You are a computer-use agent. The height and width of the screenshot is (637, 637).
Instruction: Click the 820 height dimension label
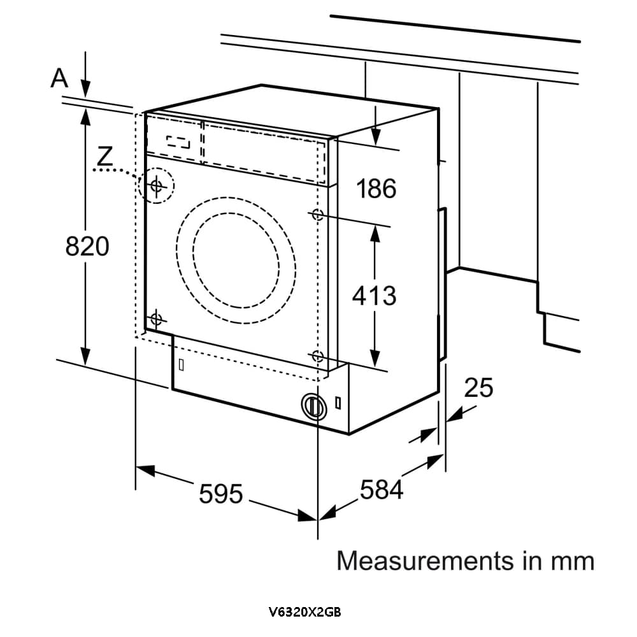tap(87, 246)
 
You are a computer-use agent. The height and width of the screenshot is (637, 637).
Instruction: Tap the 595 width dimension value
tap(221, 493)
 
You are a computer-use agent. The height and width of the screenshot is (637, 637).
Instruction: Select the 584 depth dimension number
tap(382, 490)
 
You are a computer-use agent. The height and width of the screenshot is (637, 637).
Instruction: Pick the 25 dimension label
tap(478, 387)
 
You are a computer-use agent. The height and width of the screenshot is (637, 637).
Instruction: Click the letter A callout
tap(59, 78)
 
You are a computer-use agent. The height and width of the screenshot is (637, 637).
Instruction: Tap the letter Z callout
tap(105, 155)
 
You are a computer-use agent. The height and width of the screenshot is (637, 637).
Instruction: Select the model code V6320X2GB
tap(305, 613)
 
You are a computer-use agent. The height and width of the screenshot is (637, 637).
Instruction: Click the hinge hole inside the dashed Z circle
tap(157, 185)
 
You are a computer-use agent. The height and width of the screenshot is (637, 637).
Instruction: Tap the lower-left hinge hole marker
tap(157, 318)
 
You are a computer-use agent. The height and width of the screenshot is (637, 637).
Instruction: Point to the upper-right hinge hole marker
tap(317, 214)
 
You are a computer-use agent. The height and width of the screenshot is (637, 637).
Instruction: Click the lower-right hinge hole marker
tap(317, 357)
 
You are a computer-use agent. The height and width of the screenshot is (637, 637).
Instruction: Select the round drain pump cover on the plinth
tap(312, 404)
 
